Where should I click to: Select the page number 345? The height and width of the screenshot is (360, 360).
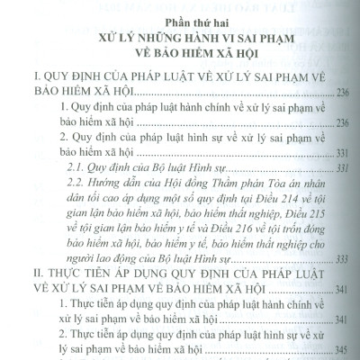[x=349, y=349]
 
